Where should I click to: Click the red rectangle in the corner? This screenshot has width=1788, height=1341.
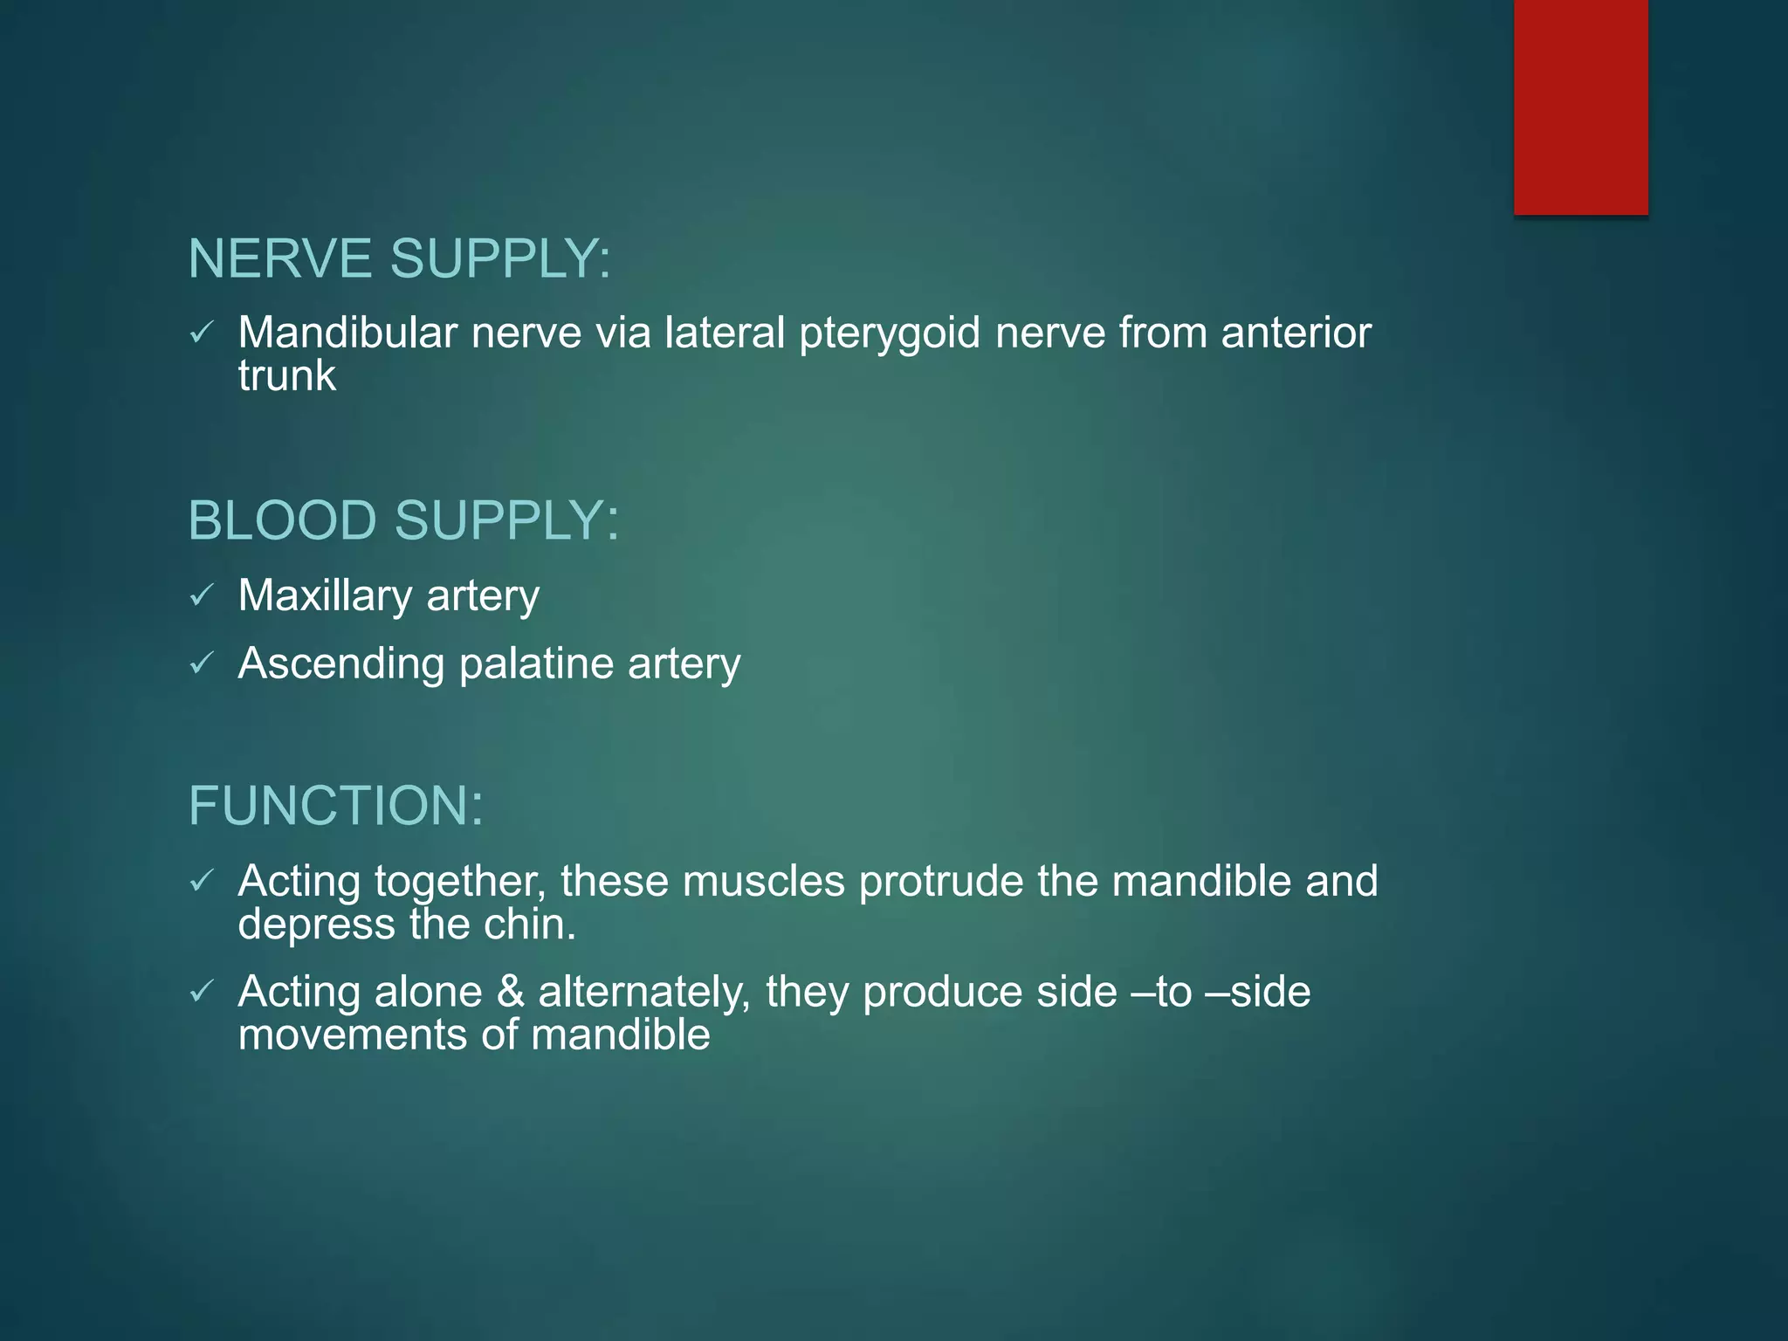point(1580,107)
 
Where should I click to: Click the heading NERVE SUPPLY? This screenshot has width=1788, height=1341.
point(399,259)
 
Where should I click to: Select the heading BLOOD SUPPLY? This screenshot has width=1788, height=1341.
point(403,521)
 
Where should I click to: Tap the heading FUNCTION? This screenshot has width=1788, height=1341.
point(336,806)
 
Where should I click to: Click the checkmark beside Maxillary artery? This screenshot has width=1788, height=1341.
point(202,596)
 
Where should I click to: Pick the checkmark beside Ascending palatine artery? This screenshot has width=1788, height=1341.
point(202,664)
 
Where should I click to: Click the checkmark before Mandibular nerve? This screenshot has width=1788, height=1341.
point(202,333)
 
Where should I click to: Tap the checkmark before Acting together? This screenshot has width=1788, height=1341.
point(202,881)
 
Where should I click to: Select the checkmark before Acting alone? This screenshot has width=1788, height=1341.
point(202,992)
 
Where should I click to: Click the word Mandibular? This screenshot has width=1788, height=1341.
point(347,333)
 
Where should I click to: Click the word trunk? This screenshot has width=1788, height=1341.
point(286,376)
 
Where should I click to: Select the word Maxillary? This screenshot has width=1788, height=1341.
point(325,596)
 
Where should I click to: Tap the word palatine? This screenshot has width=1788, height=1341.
point(536,664)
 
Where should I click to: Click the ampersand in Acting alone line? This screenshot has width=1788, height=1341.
point(511,993)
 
